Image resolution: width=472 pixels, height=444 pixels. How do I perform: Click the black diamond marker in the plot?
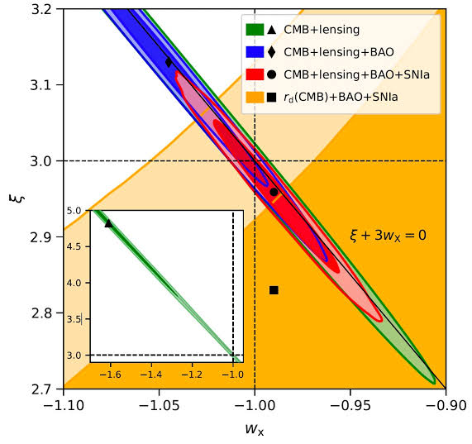169,62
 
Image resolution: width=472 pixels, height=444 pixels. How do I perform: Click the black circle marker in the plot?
274,192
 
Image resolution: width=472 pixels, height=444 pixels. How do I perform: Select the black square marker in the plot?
274,289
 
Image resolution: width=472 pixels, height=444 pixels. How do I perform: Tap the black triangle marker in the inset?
107,223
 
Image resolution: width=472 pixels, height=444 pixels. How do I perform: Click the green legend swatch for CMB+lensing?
255,31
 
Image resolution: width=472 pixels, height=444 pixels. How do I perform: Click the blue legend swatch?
255,52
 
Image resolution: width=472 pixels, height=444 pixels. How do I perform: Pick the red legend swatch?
255,75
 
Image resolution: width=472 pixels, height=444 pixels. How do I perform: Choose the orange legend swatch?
255,98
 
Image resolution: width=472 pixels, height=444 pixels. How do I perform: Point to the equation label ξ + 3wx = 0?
388,236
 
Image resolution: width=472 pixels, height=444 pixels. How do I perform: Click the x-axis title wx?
255,429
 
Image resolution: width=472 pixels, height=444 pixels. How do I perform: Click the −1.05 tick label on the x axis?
160,406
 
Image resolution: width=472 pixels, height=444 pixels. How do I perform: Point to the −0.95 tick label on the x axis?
350,406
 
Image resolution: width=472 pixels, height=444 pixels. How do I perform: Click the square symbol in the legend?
271,98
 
